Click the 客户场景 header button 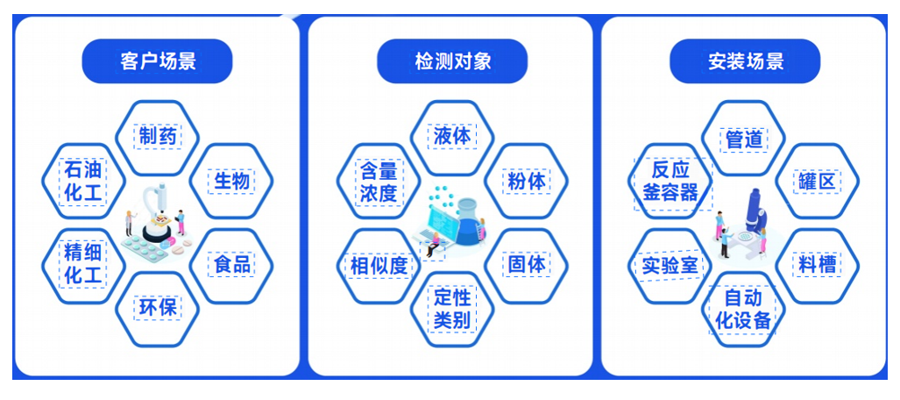157,61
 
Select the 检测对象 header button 452,61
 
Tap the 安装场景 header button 745,61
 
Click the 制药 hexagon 158,136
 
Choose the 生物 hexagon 232,181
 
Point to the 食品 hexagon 232,264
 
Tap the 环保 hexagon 158,308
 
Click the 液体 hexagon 452,136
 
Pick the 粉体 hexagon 527,181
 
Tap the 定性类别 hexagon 452,308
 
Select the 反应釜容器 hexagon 670,181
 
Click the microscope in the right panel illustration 754,219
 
